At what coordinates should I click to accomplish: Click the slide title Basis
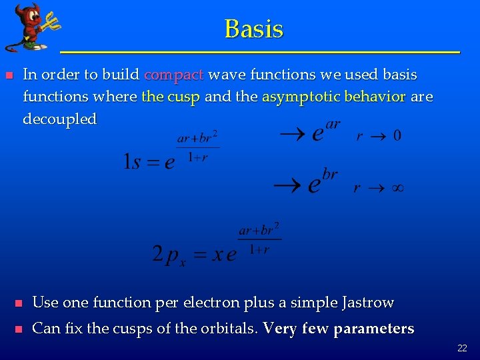254,29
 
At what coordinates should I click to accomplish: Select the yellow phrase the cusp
171,97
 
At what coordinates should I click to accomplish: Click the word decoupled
59,119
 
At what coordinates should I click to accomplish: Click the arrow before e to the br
291,185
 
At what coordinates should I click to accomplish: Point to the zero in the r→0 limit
397,135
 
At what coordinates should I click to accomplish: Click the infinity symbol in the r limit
396,189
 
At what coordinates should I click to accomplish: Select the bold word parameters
373,329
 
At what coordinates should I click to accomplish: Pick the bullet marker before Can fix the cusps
19,329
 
